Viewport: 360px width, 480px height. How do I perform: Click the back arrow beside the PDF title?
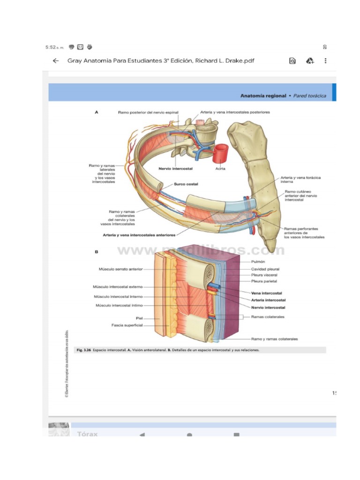[x=56, y=60]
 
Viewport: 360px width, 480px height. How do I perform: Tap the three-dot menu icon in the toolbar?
[x=326, y=60]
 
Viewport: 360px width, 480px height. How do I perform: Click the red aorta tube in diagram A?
[x=221, y=152]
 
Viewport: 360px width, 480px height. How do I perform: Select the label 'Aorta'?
[x=221, y=168]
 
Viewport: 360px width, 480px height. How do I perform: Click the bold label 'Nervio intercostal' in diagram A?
[x=175, y=168]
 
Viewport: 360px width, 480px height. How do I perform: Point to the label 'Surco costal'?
[x=186, y=184]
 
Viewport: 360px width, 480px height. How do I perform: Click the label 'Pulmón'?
[x=258, y=262]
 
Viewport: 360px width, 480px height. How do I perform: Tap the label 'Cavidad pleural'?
[x=265, y=269]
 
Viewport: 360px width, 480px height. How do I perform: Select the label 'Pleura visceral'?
[x=264, y=275]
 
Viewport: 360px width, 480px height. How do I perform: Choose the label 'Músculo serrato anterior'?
[x=120, y=270]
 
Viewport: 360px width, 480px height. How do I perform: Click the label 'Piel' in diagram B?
[x=139, y=318]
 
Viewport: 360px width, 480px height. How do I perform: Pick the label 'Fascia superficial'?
[x=127, y=325]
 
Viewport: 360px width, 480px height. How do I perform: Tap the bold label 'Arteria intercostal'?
[x=269, y=300]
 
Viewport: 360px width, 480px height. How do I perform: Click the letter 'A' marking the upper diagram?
[x=97, y=112]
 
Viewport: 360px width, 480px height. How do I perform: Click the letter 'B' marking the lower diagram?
[x=97, y=252]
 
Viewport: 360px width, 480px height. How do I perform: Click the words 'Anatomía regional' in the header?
[x=263, y=96]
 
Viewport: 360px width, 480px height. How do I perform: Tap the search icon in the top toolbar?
[x=292, y=60]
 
